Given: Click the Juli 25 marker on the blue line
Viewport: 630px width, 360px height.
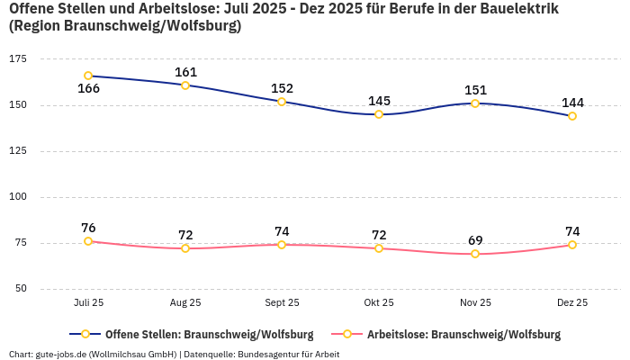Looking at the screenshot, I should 88,76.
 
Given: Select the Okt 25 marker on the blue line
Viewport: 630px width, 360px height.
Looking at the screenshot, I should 379,114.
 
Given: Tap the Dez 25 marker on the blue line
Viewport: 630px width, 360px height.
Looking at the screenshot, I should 572,116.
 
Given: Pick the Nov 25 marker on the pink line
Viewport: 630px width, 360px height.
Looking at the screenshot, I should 475,254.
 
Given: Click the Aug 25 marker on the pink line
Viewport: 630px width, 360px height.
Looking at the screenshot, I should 185,248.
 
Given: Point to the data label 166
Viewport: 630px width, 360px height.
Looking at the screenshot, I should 88,88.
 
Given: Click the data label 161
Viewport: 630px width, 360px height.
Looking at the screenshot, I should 185,72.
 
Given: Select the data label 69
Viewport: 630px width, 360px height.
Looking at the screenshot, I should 475,240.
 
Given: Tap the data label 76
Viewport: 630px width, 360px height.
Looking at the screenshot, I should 88,228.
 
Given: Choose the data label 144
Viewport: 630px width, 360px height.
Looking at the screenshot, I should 572,103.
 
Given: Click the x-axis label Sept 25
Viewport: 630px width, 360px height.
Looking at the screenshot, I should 282,303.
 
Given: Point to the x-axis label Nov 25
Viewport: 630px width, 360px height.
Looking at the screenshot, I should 475,303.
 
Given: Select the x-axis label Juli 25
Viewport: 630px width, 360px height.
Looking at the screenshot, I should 88,303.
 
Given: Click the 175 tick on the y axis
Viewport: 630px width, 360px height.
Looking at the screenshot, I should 18,58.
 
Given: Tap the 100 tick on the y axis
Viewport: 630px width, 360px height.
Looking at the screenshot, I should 18,196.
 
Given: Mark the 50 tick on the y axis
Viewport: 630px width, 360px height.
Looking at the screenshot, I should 21,289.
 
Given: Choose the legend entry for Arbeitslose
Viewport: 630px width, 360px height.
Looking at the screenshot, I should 463,335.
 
